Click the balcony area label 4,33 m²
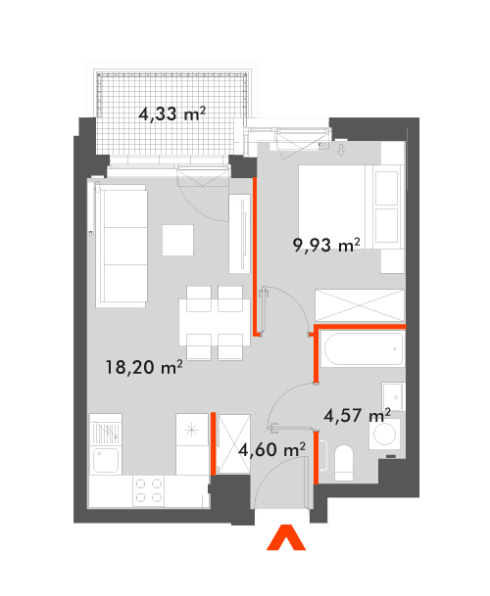coord(172,114)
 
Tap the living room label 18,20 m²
coord(144,367)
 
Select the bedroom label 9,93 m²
coord(326,246)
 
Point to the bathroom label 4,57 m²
coord(357,415)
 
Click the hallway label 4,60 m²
coord(271,449)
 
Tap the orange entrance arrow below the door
coord(286,537)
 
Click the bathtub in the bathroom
coord(362,349)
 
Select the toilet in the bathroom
coord(344,463)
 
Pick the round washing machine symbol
coord(384,434)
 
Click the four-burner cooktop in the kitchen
coord(149,490)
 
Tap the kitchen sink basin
coord(106,460)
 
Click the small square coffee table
coord(177,240)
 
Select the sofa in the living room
coord(122,247)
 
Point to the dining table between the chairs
coord(215,322)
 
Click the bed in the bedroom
coord(351,207)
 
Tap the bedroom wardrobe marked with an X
coord(360,305)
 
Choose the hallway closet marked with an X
coord(233,444)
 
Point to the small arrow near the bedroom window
coord(341,150)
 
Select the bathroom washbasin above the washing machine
coord(393,396)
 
